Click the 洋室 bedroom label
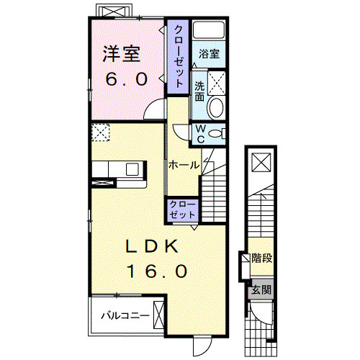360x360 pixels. click(x=122, y=54)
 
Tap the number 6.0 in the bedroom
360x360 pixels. click(x=126, y=79)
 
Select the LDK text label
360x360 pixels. click(x=152, y=246)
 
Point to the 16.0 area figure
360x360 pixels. click(x=157, y=271)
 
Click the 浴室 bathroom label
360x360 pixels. click(x=209, y=54)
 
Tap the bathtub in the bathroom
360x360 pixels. click(x=209, y=30)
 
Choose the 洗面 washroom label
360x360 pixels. click(x=199, y=91)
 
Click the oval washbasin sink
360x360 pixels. click(x=215, y=107)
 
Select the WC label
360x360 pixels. click(x=201, y=134)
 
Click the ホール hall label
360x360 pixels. click(x=184, y=165)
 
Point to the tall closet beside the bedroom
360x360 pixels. click(x=178, y=57)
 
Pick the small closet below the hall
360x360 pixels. click(x=182, y=210)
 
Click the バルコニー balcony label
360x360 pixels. click(x=125, y=315)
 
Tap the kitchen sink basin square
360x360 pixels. click(x=132, y=169)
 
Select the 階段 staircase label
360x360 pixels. click(x=262, y=258)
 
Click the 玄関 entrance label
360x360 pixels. click(x=261, y=289)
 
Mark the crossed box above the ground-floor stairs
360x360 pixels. click(x=261, y=163)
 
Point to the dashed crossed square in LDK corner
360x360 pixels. click(x=101, y=132)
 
